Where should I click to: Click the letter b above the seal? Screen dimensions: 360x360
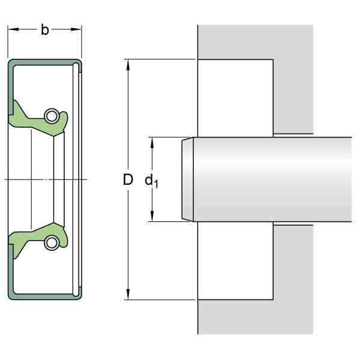pyautogui.click(x=45, y=30)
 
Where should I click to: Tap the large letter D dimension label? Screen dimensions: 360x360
pyautogui.click(x=128, y=179)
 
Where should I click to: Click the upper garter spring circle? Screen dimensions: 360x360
pyautogui.click(x=52, y=115)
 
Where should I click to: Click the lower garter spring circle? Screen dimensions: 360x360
pyautogui.click(x=52, y=242)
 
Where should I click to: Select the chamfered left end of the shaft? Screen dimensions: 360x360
pyautogui.click(x=187, y=179)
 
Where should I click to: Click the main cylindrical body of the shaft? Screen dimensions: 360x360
pyautogui.click(x=270, y=179)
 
